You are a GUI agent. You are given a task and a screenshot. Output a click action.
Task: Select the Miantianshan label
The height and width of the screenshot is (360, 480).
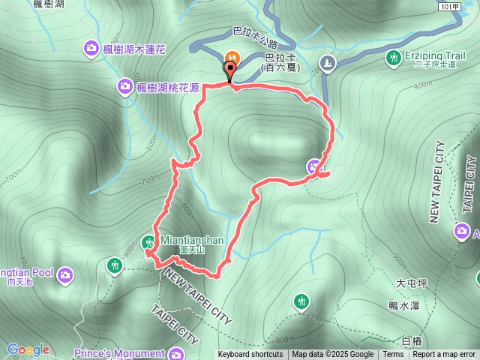tap(191, 240)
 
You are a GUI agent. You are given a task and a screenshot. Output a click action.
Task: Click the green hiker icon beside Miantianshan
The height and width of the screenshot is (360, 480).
tap(148, 241)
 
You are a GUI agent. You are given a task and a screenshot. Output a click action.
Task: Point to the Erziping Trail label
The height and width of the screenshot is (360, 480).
tap(434, 55)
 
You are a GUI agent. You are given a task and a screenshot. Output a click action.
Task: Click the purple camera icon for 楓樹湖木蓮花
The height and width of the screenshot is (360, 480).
tap(91, 49)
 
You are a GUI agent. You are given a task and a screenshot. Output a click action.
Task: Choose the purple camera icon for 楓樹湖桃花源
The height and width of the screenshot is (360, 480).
tap(124, 87)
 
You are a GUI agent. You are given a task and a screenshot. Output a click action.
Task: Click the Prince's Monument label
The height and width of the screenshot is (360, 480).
tap(119, 353)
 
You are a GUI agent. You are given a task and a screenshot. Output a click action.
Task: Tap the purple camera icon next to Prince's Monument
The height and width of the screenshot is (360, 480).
tap(177, 353)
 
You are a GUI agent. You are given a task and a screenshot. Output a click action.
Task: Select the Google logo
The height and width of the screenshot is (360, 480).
tap(28, 349)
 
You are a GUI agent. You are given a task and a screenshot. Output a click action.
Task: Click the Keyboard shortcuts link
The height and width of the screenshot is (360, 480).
tap(250, 355)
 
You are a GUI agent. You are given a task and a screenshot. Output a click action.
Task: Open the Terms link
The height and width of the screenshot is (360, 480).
tap(393, 355)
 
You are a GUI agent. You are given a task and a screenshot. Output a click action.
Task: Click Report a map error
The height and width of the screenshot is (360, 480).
tap(445, 355)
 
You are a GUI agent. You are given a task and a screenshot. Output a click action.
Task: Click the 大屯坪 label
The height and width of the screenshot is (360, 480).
tap(411, 283)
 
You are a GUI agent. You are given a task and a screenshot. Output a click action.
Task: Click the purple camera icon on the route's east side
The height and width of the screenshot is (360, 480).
tap(314, 166)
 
